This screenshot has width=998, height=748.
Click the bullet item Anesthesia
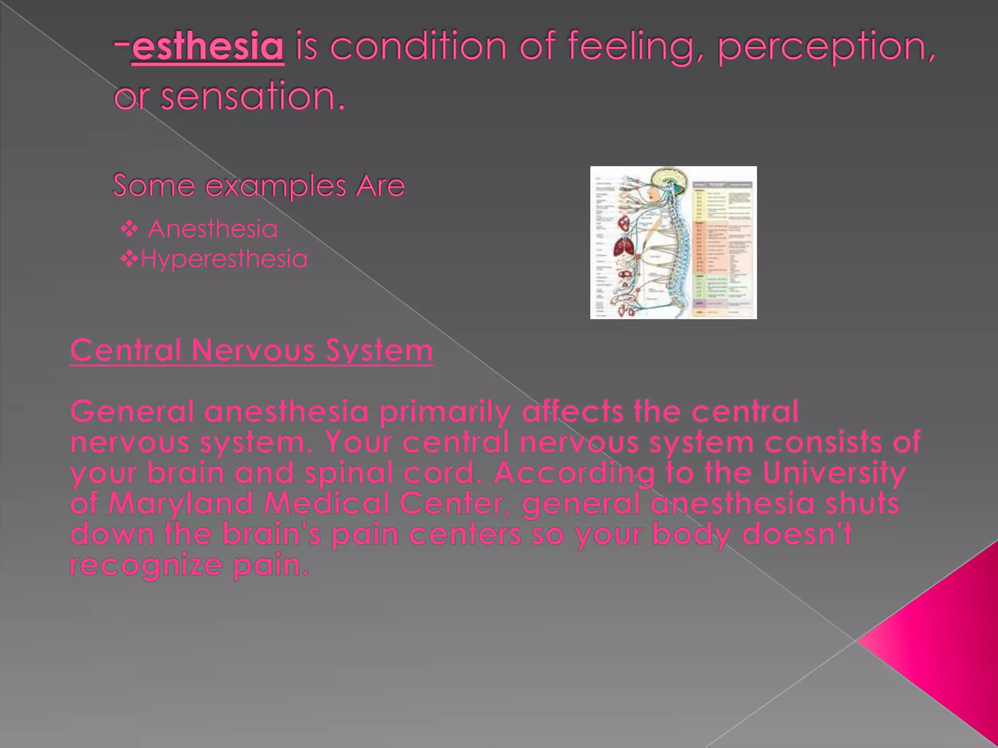212,229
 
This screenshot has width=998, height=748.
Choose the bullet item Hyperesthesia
224,259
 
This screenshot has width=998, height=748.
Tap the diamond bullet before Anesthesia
129,228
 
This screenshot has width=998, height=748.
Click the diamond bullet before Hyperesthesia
129,259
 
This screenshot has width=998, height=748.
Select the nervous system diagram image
673,243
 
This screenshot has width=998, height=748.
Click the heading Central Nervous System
251,351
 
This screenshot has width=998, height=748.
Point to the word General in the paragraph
132,411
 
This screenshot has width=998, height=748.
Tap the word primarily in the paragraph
445,411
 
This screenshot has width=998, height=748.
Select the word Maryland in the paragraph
181,504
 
